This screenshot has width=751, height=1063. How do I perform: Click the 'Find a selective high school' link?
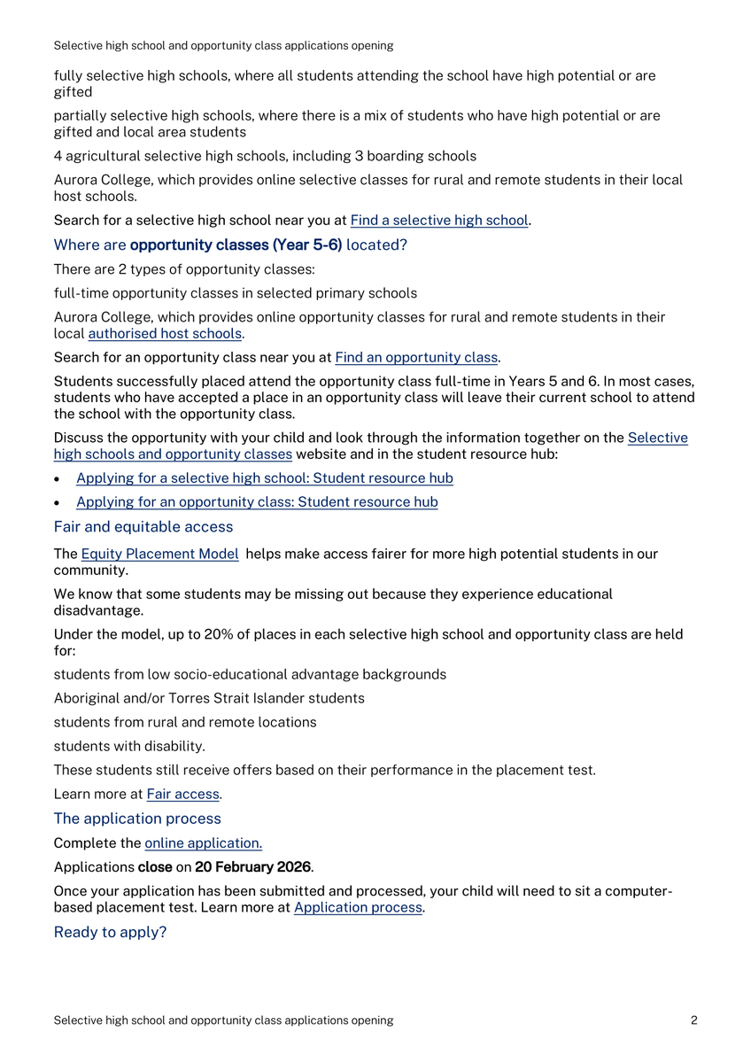click(x=439, y=221)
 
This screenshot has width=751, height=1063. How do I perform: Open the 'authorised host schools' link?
click(x=165, y=334)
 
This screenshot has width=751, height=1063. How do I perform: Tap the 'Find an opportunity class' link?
click(x=416, y=358)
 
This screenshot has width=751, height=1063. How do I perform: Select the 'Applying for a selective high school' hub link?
click(x=264, y=478)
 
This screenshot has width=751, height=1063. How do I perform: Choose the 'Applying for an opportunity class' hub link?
click(x=257, y=502)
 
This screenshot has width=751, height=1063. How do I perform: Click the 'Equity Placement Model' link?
click(x=159, y=555)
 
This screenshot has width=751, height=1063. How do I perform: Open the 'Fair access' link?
click(x=183, y=795)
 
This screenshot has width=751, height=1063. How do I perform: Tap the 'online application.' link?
click(x=203, y=843)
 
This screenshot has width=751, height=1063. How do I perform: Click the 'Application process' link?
click(x=358, y=908)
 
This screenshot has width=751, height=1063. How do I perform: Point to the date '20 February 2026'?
click(x=252, y=867)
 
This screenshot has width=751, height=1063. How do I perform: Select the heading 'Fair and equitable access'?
click(x=143, y=527)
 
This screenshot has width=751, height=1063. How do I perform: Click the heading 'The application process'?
click(x=137, y=819)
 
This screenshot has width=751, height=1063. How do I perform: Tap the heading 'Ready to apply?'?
click(x=110, y=933)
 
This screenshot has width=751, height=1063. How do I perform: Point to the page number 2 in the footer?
click(x=694, y=1020)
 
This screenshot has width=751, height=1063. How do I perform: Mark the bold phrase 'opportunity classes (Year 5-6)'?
click(x=236, y=245)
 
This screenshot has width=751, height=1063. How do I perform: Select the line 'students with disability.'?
click(x=129, y=747)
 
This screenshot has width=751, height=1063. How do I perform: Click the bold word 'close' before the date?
click(x=154, y=867)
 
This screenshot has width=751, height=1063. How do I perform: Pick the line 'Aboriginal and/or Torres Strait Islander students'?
click(x=208, y=699)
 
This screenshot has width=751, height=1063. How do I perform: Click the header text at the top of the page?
click(x=223, y=45)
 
